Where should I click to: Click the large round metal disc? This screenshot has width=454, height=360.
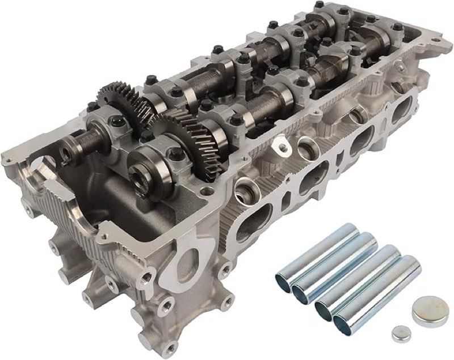pos(426,310)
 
